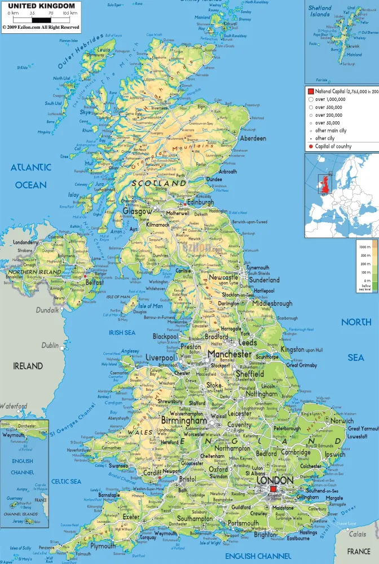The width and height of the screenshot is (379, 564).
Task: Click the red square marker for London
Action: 274,489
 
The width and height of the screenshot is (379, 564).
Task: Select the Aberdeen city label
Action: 253,138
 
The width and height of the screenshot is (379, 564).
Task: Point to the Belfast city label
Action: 95,283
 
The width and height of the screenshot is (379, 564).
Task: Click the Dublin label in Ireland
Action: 50,345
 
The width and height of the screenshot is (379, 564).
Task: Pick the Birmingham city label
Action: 184,421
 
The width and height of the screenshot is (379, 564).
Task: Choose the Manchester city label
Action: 230,354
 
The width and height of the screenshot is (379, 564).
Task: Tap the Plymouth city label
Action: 103,547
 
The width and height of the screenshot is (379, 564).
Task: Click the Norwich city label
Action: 342,421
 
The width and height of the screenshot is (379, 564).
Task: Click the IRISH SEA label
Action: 122,333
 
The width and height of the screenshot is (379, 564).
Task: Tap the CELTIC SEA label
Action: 66,481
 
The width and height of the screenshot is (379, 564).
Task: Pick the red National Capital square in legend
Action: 311,91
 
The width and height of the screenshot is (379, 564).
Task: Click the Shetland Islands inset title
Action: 319,11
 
